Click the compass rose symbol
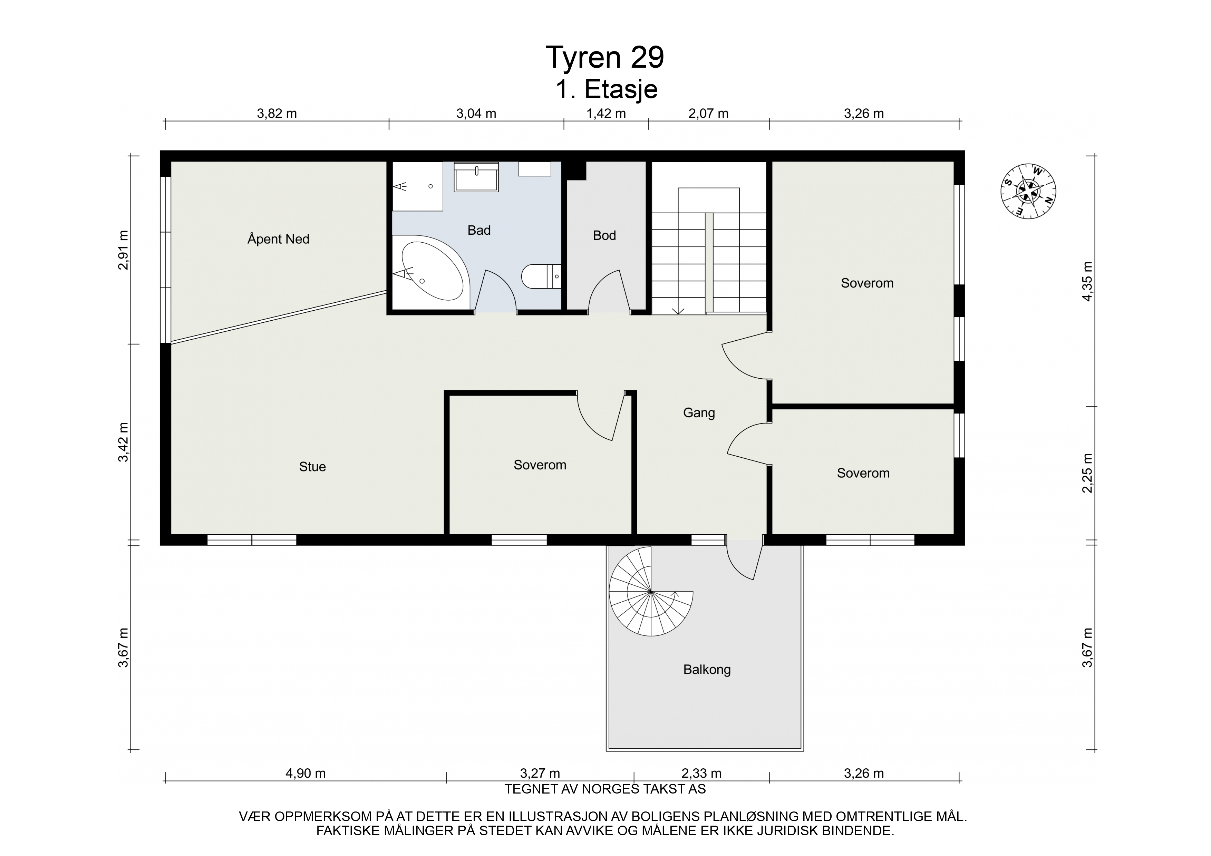(1028, 191)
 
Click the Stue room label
(312, 467)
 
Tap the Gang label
(699, 413)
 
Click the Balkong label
(707, 670)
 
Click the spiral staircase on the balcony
(651, 591)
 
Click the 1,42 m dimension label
(606, 114)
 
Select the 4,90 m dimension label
(306, 773)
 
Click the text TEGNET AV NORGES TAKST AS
(605, 789)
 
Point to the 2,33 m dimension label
(701, 773)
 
